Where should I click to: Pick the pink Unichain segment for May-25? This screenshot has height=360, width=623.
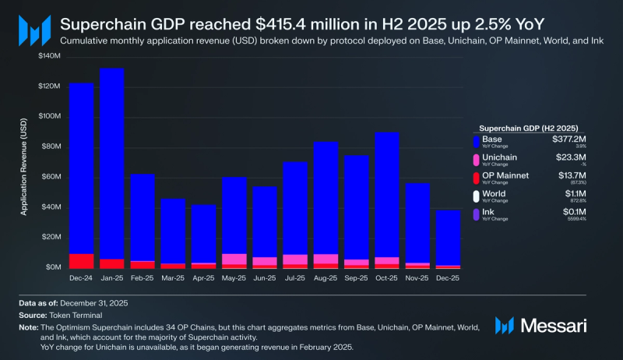(234, 259)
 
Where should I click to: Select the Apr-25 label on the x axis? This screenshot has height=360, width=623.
(203, 277)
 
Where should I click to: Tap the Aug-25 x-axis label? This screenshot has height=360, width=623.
(326, 277)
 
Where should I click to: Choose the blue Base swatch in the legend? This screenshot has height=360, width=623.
(477, 141)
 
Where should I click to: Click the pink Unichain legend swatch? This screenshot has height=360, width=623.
(477, 159)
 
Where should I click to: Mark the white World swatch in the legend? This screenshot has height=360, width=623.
(477, 194)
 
